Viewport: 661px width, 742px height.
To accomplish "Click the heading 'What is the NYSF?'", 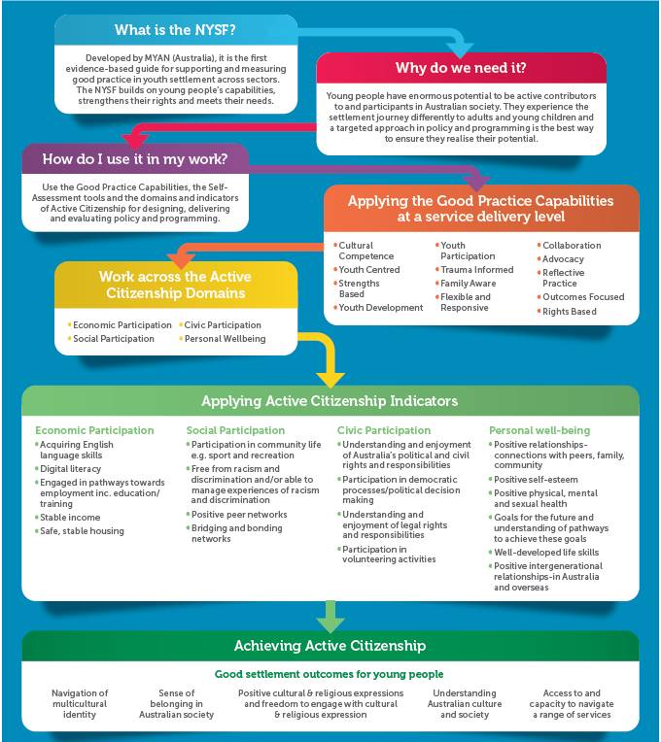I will coord(175,30).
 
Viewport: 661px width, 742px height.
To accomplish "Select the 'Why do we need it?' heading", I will coord(461,68).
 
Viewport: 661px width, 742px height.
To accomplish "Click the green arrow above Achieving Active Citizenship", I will coord(330,615).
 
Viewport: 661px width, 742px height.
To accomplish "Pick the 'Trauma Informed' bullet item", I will coord(476,270).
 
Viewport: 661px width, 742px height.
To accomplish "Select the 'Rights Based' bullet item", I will coord(569,312).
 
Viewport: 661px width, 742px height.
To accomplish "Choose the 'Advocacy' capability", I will coord(563,259).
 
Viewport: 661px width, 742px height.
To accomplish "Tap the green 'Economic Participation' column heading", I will coord(94,430).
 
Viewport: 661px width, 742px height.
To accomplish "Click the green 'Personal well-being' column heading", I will coord(540,430).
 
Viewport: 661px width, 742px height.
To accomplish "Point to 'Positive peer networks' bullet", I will coord(239,515).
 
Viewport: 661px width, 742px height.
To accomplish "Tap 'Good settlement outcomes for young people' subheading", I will coord(330,674).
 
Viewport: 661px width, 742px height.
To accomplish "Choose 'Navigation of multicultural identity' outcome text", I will coord(80,704).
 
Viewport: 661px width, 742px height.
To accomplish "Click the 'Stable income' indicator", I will coord(70,518).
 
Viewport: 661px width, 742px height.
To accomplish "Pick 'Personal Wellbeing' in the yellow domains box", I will coord(225,339).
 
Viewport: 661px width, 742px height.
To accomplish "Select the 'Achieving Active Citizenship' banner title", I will coord(330,646).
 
